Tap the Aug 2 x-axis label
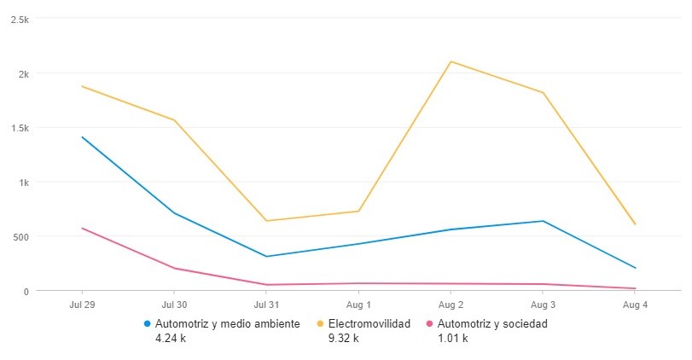pos(451,305)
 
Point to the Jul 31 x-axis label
pos(266,305)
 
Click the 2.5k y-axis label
pos(19,19)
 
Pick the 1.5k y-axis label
pos(19,128)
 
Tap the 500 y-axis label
pos(20,236)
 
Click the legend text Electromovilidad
pos(369,324)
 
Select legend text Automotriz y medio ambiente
pos(228,324)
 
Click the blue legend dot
pos(148,324)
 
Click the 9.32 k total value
pos(344,339)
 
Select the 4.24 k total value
pos(171,339)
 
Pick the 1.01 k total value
pos(452,339)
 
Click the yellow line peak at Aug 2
pos(451,61)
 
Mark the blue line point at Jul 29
pos(83,136)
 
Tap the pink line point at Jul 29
pos(83,228)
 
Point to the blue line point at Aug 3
pos(543,221)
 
